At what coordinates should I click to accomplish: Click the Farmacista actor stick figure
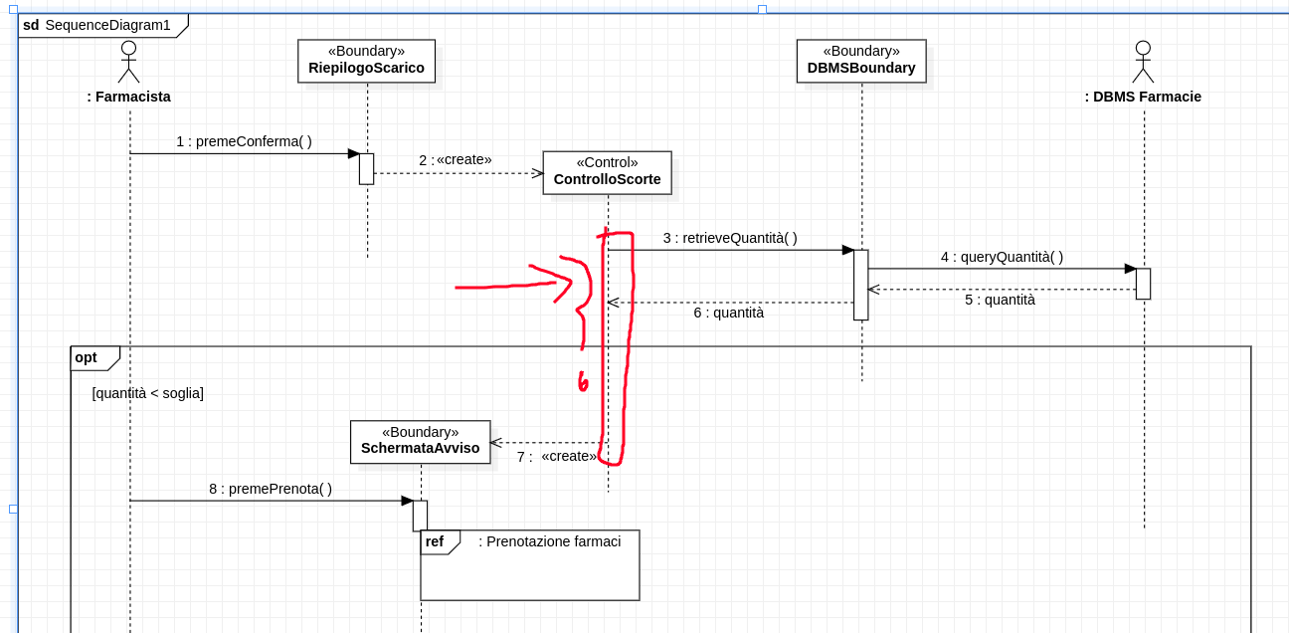coord(128,62)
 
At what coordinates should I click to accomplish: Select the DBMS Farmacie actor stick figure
coord(1143,62)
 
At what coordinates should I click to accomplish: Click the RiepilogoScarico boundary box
coord(366,61)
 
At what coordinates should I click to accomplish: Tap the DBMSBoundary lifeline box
coord(861,61)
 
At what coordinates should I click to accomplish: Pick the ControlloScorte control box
coord(607,172)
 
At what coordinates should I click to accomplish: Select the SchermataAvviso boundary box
coord(420,441)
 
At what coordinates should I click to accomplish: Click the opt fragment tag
coord(87,357)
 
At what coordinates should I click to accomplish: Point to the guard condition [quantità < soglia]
coord(147,393)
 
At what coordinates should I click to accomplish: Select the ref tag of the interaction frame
coord(435,541)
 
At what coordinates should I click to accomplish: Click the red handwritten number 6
coord(583,382)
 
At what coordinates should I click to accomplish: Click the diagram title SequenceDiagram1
coord(107,25)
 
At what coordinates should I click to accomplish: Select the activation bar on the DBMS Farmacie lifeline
coord(1143,284)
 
